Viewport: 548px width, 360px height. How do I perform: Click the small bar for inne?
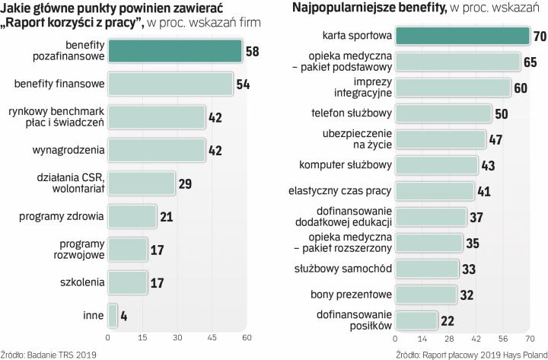(113, 315)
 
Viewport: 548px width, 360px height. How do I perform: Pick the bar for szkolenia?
(127, 282)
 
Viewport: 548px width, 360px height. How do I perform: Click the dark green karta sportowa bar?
(461, 36)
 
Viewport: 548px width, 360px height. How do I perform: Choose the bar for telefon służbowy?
(442, 113)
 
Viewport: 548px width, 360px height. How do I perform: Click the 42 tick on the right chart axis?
(476, 337)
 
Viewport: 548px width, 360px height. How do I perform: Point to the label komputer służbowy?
(352, 164)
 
